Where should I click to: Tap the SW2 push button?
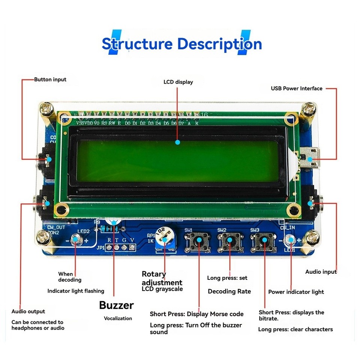(230, 240)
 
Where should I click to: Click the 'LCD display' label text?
(178, 82)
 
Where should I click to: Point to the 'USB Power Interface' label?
(296, 88)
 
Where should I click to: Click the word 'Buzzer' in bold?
(116, 305)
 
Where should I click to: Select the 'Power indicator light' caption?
(296, 292)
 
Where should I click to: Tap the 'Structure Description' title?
(181, 44)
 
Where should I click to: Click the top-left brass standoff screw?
(48, 109)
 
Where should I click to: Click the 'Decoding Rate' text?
(229, 291)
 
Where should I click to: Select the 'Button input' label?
(50, 79)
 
